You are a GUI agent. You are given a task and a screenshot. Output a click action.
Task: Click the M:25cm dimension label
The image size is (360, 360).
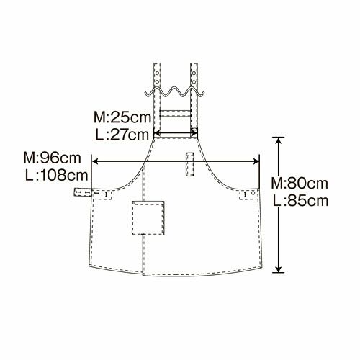122,117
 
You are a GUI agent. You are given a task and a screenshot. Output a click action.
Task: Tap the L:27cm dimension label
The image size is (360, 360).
122,135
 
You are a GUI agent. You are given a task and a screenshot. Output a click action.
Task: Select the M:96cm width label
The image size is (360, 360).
52,158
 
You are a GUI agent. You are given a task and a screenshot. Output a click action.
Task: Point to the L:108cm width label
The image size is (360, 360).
57,176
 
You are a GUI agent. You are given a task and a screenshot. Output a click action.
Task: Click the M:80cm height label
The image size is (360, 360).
300,184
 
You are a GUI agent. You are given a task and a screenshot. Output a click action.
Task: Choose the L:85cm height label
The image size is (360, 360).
301,201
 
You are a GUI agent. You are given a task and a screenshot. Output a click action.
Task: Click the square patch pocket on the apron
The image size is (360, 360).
148,218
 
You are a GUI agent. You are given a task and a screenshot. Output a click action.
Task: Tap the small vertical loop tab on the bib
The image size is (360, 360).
190,164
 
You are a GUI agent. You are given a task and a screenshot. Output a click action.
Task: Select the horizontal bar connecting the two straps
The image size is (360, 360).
176,113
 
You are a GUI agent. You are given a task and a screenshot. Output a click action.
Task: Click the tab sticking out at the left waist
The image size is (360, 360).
83,192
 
